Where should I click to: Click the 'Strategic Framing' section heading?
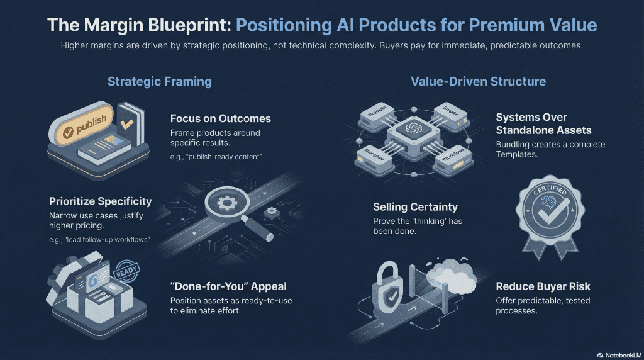pyautogui.click(x=159, y=81)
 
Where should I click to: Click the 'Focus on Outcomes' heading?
pyautogui.click(x=221, y=118)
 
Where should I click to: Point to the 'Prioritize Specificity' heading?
pyautogui.click(x=101, y=201)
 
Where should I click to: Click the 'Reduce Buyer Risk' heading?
pyautogui.click(x=543, y=286)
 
